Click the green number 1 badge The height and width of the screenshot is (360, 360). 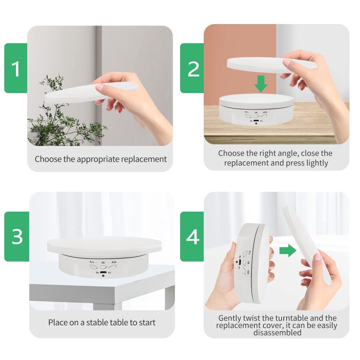(x=16, y=68)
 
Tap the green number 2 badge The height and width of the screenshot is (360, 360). (x=192, y=68)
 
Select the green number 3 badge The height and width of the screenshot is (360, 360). (x=17, y=236)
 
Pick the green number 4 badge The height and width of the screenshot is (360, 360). (x=192, y=236)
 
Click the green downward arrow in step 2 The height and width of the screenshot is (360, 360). (x=261, y=84)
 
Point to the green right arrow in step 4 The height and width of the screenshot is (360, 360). (x=288, y=251)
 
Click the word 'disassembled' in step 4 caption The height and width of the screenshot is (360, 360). (x=277, y=332)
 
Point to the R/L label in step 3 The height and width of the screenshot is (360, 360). (x=92, y=262)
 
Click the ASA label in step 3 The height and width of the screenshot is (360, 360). (x=114, y=262)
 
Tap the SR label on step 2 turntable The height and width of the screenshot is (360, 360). (x=256, y=113)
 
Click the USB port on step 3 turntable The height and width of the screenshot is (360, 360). (x=103, y=272)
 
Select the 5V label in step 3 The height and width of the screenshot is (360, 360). (x=110, y=273)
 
